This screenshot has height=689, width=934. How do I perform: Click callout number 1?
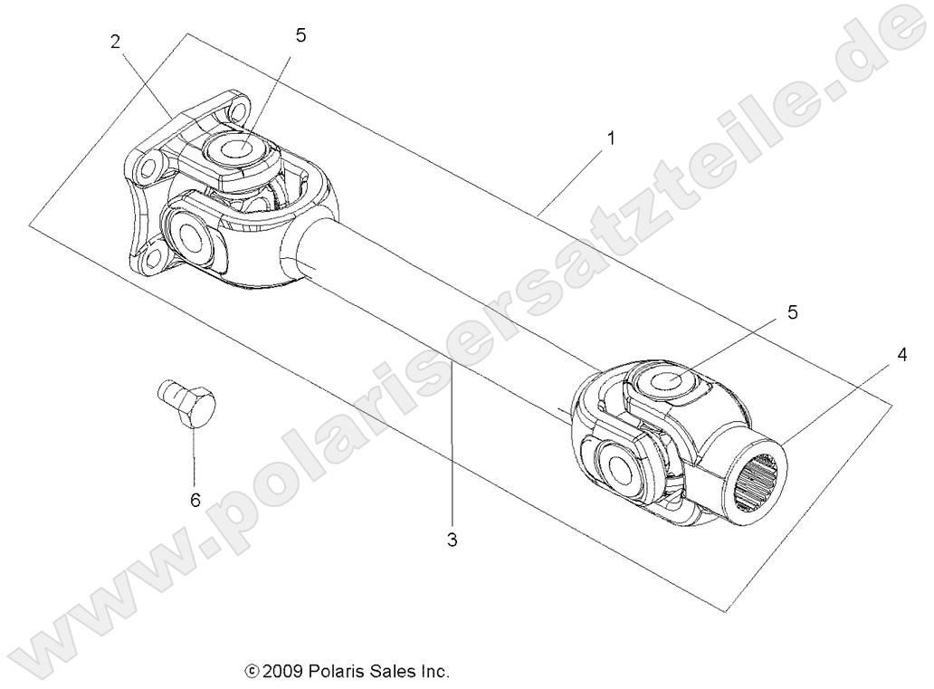click(611, 139)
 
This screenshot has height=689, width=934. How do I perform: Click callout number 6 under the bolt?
click(195, 500)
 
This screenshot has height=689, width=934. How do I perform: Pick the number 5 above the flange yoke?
click(300, 35)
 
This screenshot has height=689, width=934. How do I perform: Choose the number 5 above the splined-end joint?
click(792, 312)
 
